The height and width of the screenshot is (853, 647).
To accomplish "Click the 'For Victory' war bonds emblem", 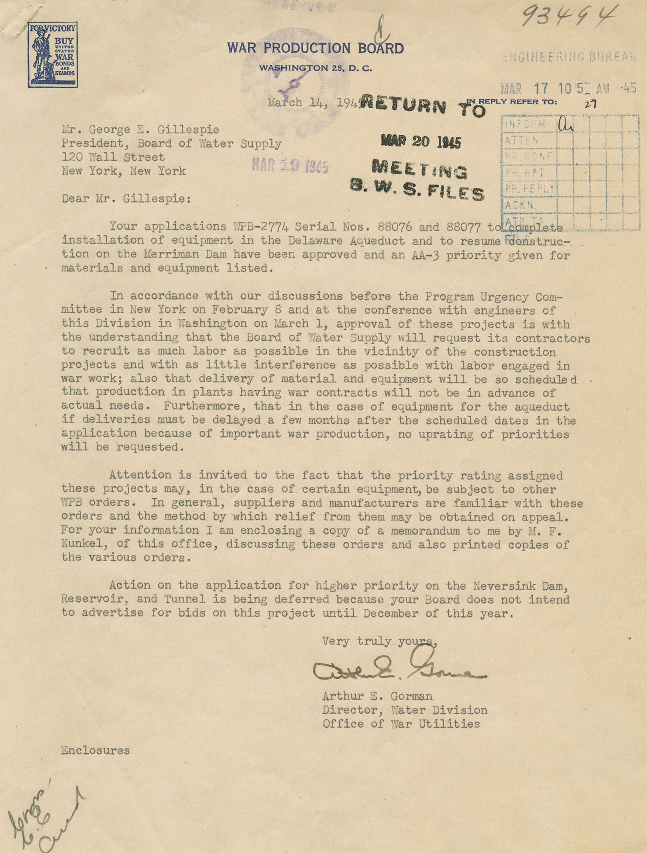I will [x=53, y=55].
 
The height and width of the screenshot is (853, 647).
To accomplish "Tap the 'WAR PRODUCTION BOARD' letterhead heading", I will [x=315, y=49].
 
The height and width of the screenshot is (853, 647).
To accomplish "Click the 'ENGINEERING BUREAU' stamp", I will [x=569, y=57].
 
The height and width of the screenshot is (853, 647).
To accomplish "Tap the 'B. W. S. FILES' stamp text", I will [x=417, y=190].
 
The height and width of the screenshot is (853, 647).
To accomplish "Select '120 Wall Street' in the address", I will [x=113, y=157].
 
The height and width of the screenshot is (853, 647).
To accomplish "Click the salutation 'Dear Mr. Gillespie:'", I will [x=127, y=199].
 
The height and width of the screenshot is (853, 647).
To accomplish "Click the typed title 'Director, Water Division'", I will [x=405, y=710].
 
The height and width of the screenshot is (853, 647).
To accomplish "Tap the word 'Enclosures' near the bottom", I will [x=95, y=750].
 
